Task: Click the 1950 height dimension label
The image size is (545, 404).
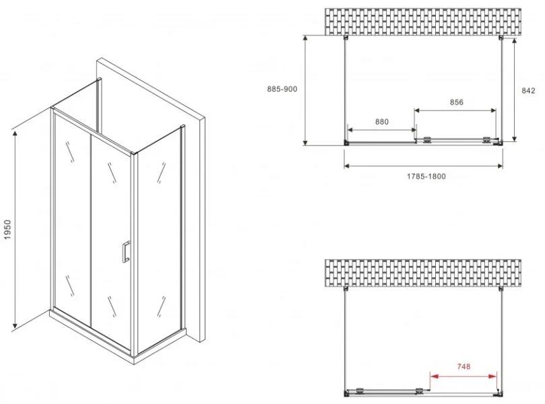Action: coord(8,229)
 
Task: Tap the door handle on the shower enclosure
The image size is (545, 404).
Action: coord(126,251)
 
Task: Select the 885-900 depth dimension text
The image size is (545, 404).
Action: coord(282,89)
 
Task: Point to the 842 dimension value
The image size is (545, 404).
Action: coord(528,91)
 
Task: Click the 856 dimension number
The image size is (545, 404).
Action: coord(456,102)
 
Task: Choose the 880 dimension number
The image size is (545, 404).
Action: coord(382,122)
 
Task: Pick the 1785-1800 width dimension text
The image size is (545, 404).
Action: coord(426,176)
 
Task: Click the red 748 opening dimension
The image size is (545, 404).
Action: coord(463,366)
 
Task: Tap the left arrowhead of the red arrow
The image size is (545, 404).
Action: coord(433,376)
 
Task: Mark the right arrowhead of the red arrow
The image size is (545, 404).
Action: coord(493,376)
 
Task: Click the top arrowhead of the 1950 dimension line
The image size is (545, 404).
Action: coord(15,133)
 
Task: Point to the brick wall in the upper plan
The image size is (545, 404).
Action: coord(423,22)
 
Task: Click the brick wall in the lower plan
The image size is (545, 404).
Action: coord(423,273)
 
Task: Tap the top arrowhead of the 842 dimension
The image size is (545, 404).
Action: coord(515,41)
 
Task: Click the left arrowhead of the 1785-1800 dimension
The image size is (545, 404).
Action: coord(347,166)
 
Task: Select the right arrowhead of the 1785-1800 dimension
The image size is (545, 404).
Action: coord(499,166)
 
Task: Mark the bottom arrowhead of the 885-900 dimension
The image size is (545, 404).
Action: coord(305,142)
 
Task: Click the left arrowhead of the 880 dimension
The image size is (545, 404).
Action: coord(350,130)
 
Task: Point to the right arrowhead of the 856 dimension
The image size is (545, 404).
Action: coord(493,111)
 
